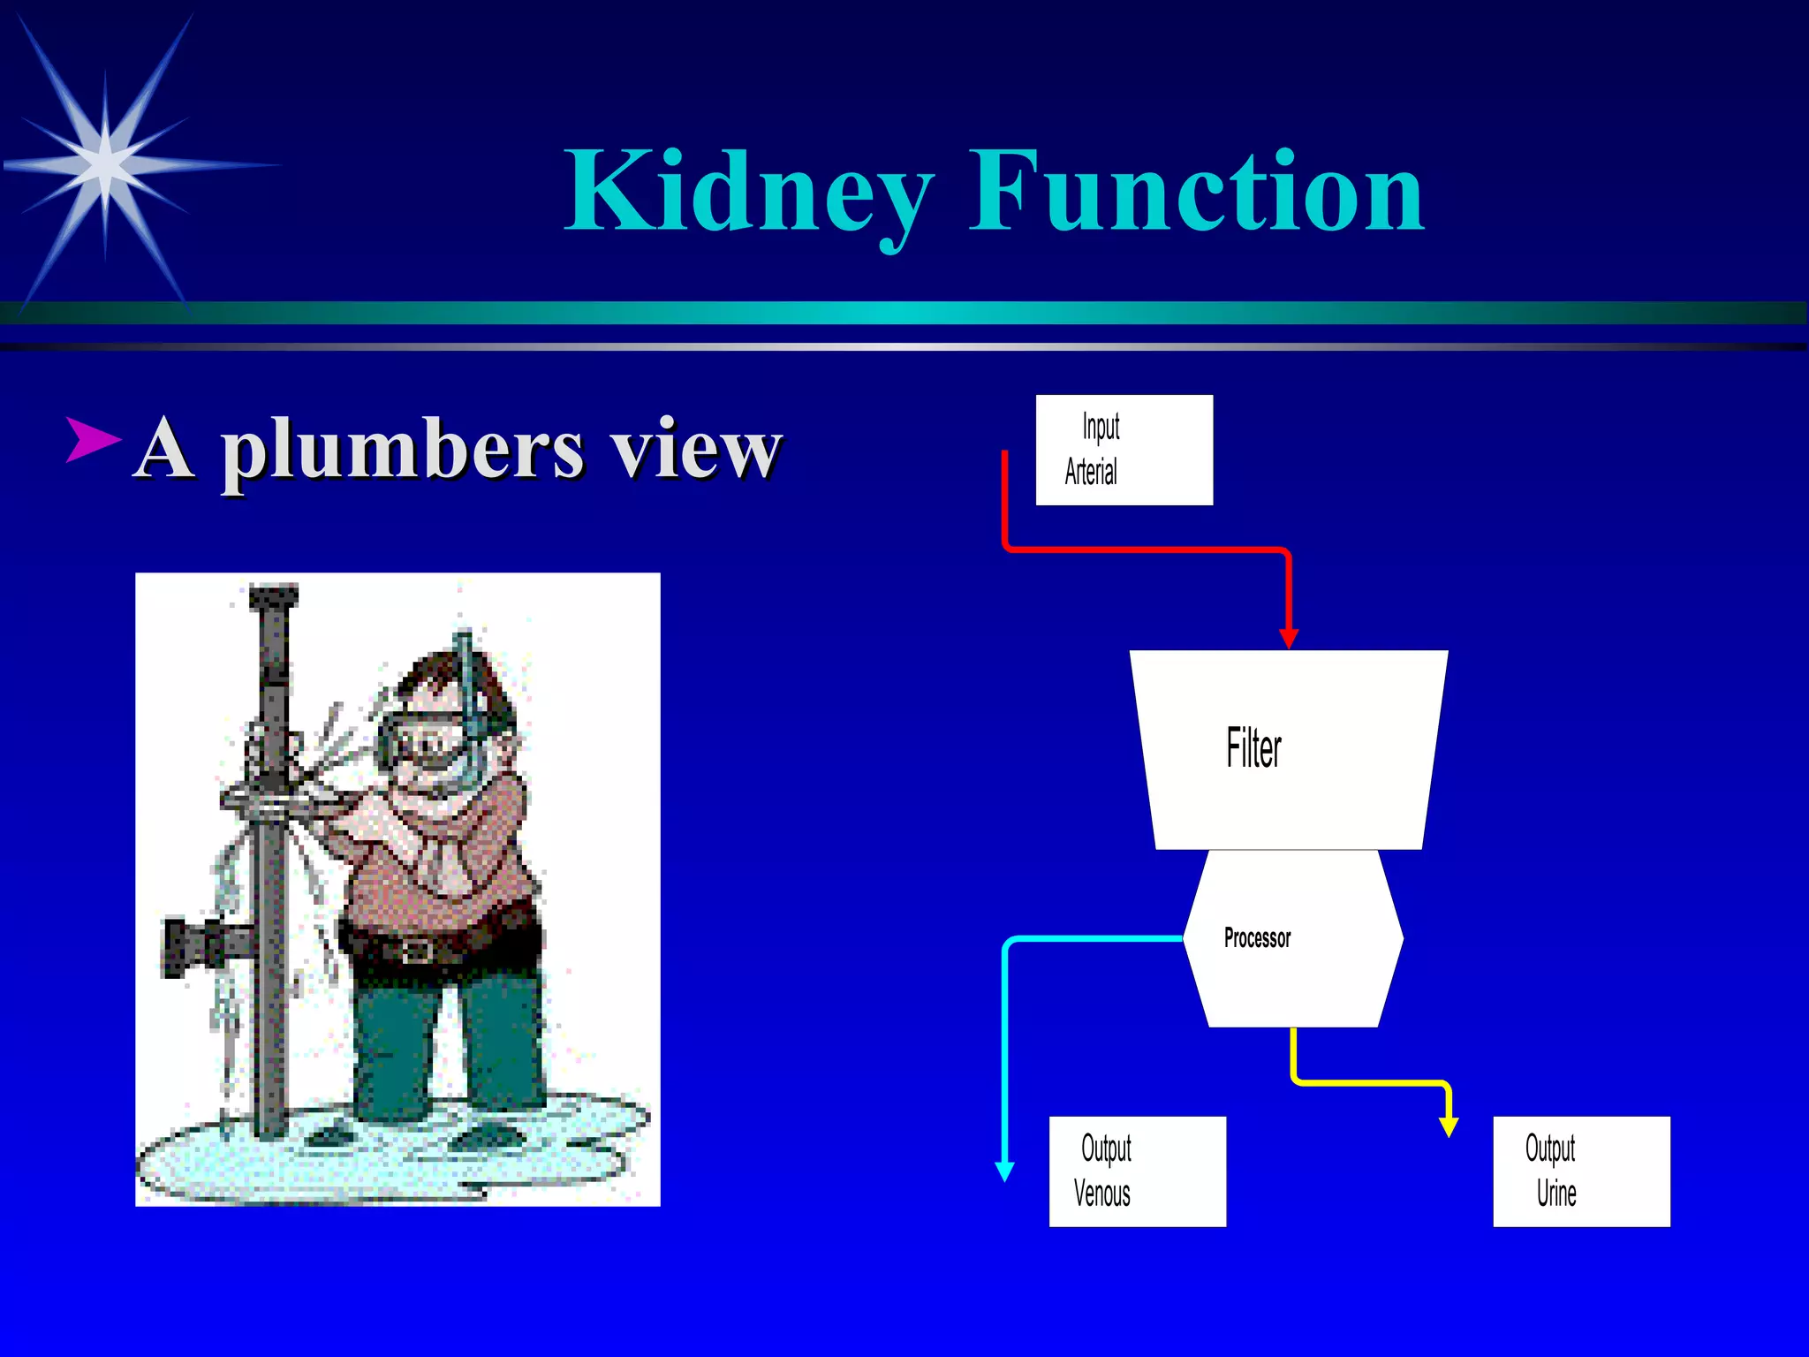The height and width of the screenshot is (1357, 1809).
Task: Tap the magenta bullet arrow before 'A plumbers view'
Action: [x=93, y=439]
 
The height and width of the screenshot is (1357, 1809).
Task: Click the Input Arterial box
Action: [x=1124, y=450]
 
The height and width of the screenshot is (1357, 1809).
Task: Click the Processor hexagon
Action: [x=1293, y=938]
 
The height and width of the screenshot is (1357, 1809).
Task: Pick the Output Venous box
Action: [x=1137, y=1171]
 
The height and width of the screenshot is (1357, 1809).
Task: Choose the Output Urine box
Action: [x=1581, y=1171]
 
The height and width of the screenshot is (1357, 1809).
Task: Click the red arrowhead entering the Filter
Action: [x=1289, y=638]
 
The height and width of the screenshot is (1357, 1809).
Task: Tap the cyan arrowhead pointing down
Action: [x=1004, y=1171]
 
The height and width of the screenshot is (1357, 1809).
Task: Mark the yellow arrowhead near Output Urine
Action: [x=1449, y=1126]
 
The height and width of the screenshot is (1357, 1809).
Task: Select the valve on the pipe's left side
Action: [x=190, y=947]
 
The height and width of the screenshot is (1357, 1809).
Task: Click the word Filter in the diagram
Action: [x=1253, y=748]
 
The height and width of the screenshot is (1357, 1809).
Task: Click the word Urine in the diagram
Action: [x=1556, y=1194]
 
